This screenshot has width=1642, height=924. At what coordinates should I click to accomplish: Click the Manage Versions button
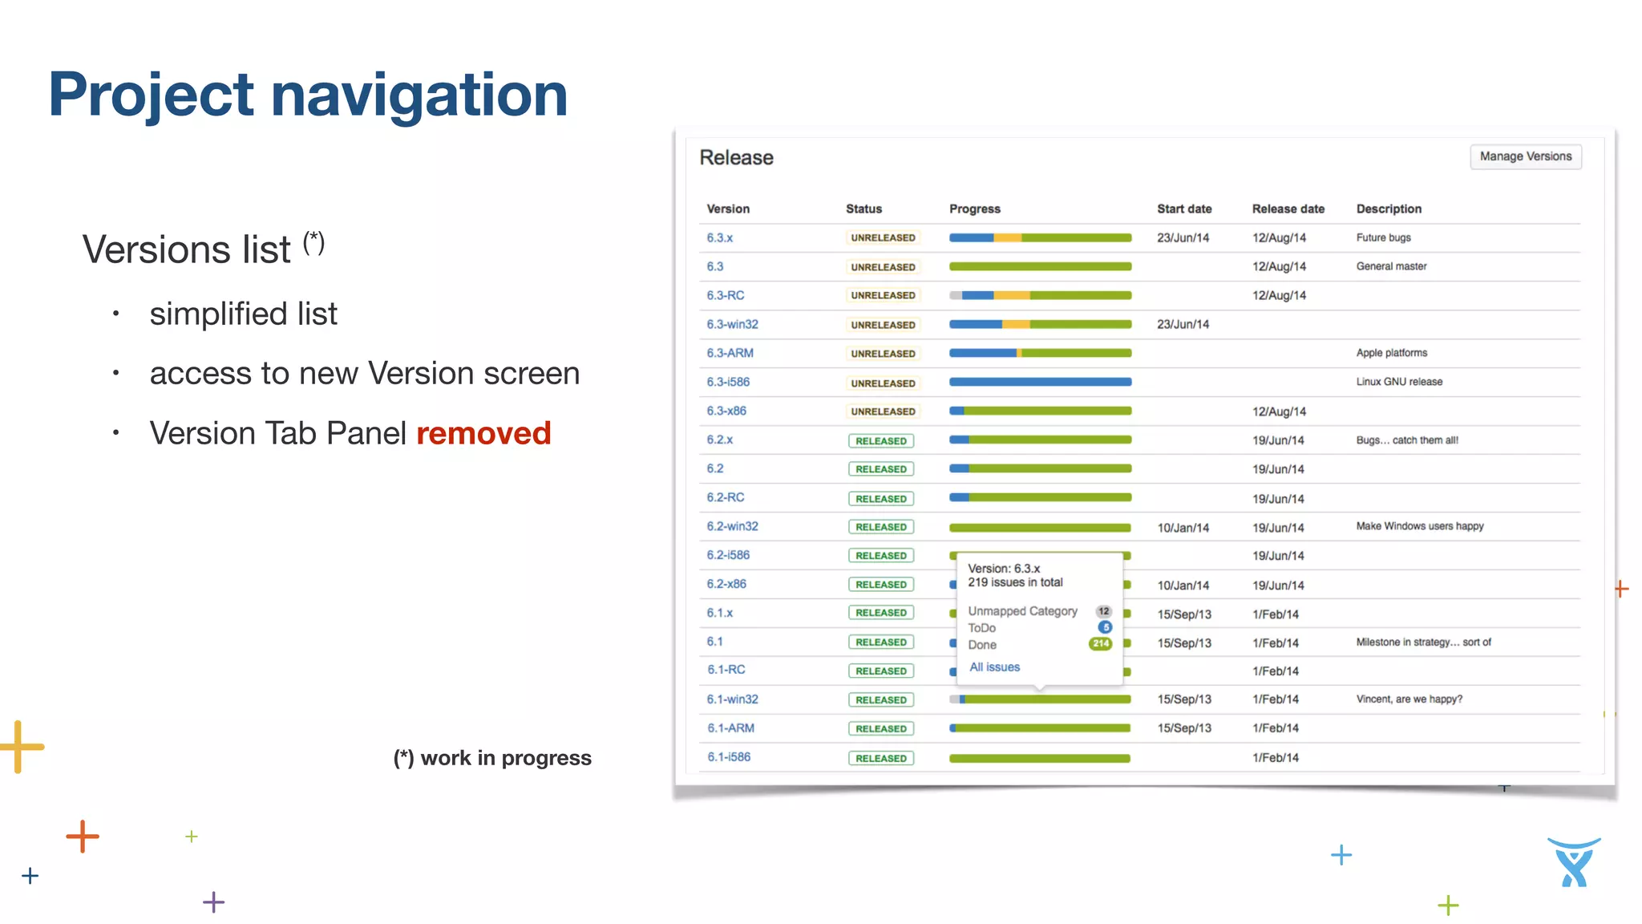[x=1525, y=156]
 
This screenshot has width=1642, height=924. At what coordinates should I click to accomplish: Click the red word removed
[x=483, y=433]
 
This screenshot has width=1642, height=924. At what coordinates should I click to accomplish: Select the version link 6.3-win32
[x=732, y=324]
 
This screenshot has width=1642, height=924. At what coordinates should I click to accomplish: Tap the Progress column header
[x=974, y=209]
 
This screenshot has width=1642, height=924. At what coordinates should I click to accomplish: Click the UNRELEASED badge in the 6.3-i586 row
[x=883, y=383]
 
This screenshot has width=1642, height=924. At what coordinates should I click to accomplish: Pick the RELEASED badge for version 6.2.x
[x=880, y=440]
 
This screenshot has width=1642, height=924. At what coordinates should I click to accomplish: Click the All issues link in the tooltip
[x=994, y=667]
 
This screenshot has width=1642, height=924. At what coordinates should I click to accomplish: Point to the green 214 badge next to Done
[x=1100, y=644]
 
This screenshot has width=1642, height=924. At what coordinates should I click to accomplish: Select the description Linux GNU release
[x=1398, y=382]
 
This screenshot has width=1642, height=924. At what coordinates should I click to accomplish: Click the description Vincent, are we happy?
[x=1409, y=699]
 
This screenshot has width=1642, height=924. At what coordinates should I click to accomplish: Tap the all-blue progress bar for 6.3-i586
[x=1040, y=382]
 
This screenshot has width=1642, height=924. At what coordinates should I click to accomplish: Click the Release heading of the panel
[x=736, y=157]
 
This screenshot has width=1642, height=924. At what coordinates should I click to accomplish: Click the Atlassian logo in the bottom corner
[x=1573, y=862]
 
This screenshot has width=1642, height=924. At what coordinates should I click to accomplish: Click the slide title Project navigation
[x=308, y=95]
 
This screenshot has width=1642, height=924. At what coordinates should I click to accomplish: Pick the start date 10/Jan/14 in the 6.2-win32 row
[x=1183, y=527]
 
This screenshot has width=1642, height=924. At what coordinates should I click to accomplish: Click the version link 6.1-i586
[x=728, y=756]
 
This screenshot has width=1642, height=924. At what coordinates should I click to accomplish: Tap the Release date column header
[x=1288, y=209]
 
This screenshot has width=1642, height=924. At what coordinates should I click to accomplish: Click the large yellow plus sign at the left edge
[x=21, y=746]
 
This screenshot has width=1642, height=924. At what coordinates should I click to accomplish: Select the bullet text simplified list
[x=243, y=314]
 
